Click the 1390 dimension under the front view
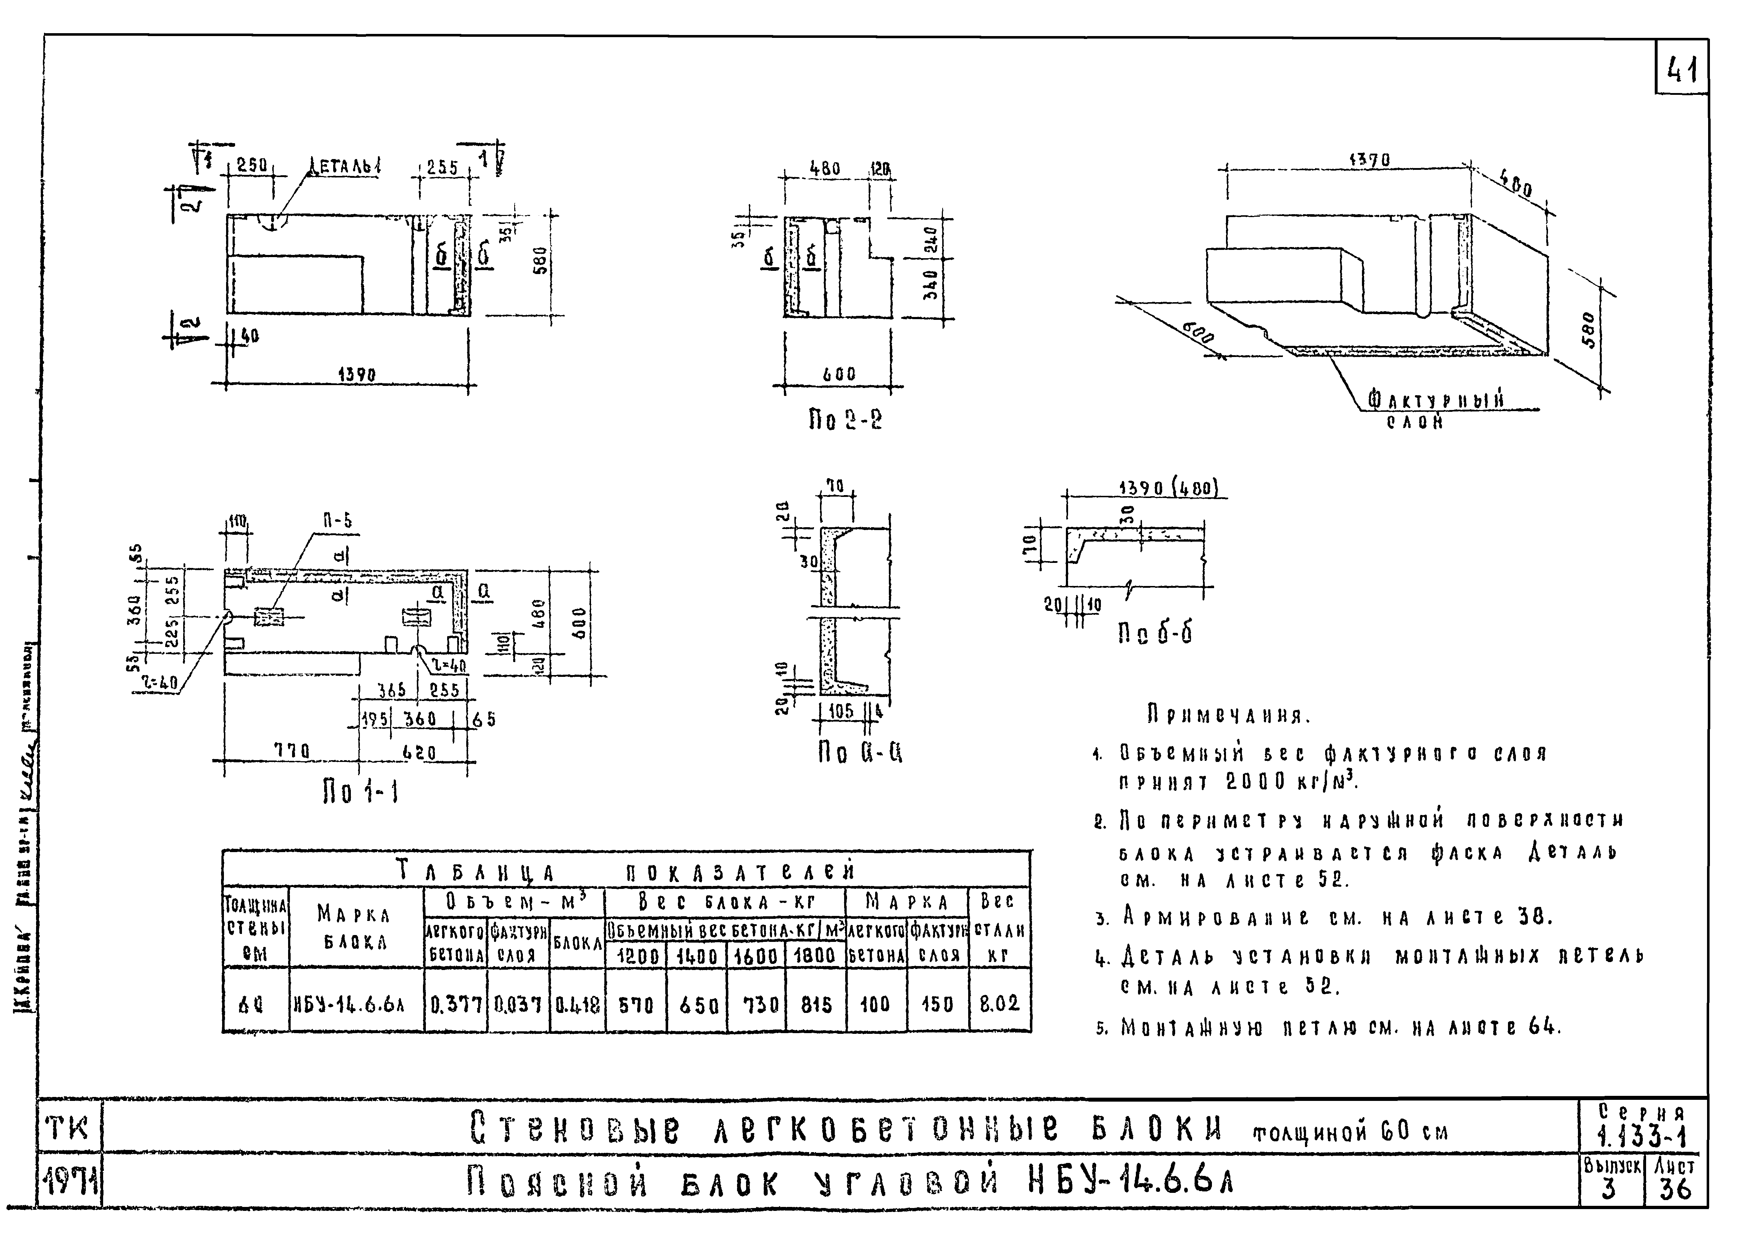[357, 375]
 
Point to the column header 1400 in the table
[697, 956]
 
